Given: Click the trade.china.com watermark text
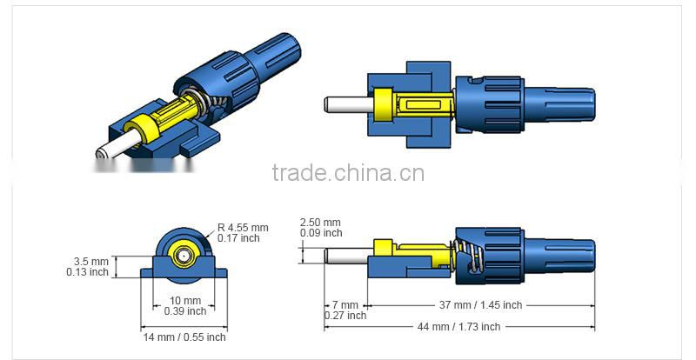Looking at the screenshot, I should click(x=347, y=172).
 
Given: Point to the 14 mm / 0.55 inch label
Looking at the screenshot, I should click(x=184, y=337).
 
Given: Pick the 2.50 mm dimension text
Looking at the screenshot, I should click(x=320, y=222).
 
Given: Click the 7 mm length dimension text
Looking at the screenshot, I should click(x=345, y=305).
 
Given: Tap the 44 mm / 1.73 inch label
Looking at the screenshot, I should click(x=458, y=327).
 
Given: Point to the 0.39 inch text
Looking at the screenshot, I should click(x=184, y=311).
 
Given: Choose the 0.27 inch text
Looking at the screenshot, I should click(x=345, y=316).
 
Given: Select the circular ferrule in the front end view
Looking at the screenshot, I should click(x=184, y=257).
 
